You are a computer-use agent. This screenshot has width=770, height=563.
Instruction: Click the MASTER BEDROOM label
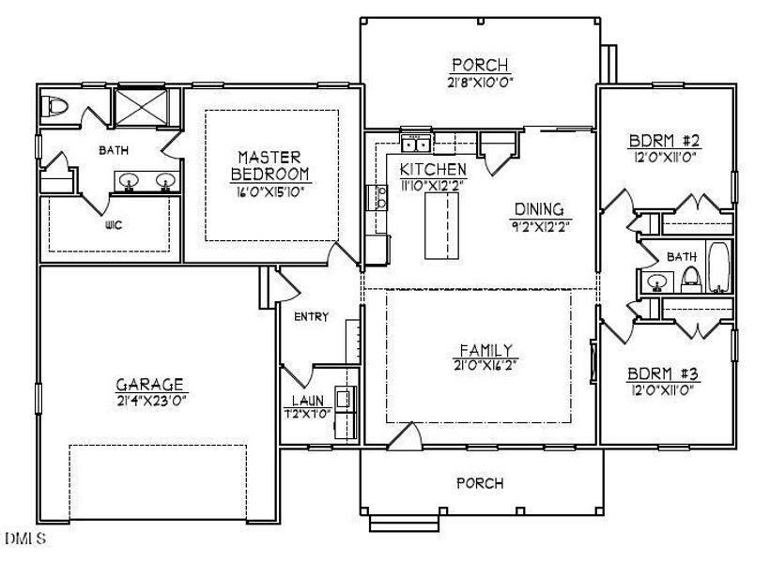point(270,165)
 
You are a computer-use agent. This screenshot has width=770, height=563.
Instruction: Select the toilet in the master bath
point(55,106)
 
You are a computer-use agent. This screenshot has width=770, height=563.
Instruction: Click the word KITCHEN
point(432,169)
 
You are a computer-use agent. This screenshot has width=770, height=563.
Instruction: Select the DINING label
point(538,208)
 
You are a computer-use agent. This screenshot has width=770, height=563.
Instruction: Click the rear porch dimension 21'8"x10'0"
point(480,82)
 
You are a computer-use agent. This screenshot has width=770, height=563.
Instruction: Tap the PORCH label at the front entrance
point(480,484)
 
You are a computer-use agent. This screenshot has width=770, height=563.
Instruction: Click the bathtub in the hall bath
point(718,267)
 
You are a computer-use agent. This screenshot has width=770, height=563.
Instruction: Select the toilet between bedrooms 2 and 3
point(690,276)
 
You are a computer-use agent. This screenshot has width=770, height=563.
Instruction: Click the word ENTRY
point(311,316)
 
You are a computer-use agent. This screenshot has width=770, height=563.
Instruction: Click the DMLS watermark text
point(23,539)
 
